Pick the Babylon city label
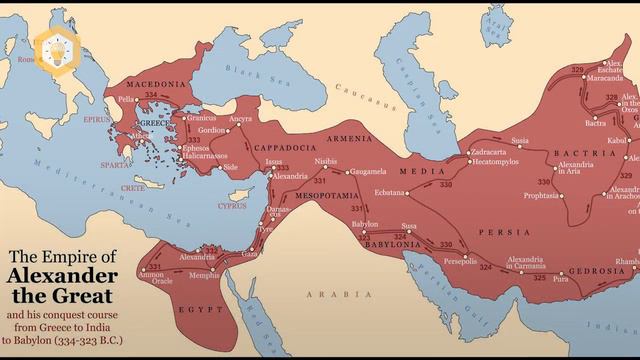[x=365, y=225]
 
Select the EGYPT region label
[x=201, y=310]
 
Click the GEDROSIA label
[x=596, y=271]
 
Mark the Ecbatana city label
[x=391, y=192]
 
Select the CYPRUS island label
[x=232, y=206]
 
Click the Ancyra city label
[x=240, y=119]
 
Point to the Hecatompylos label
[x=496, y=161]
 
